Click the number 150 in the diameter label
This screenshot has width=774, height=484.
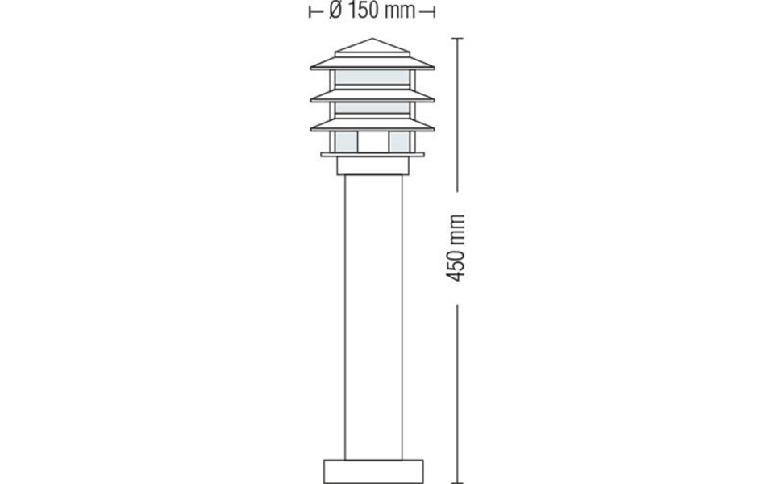(x=361, y=11)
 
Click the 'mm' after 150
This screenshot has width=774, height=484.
(x=399, y=11)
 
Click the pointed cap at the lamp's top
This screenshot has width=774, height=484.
(x=372, y=48)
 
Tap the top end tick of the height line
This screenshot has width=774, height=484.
(x=458, y=38)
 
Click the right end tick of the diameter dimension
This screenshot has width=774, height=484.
(x=434, y=11)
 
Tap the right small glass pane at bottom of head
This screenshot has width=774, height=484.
(x=399, y=142)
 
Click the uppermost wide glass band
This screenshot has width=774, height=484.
(x=372, y=77)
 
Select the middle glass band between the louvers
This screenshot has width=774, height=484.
(x=372, y=108)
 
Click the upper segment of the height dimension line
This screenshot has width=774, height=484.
(x=458, y=113)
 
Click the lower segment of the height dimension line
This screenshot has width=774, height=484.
(x=458, y=387)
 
